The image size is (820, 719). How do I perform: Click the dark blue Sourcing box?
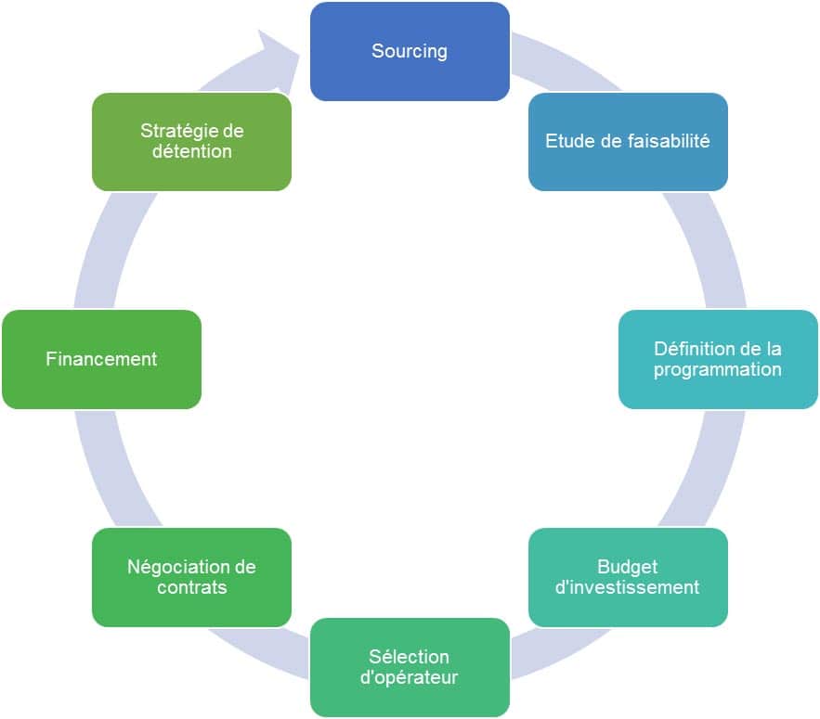410,51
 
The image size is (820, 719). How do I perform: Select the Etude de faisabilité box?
628,142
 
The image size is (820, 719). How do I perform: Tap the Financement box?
101,359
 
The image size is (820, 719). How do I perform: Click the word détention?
192,151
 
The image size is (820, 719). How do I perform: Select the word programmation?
718,370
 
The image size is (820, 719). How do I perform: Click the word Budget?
628,567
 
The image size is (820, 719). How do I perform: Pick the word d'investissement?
627,587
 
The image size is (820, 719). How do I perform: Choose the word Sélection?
409,657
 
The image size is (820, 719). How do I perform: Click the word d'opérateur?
409,678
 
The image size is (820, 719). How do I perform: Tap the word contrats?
192,587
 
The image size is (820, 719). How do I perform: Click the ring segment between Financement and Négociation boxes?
112,470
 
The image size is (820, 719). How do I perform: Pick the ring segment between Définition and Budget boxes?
707,470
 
